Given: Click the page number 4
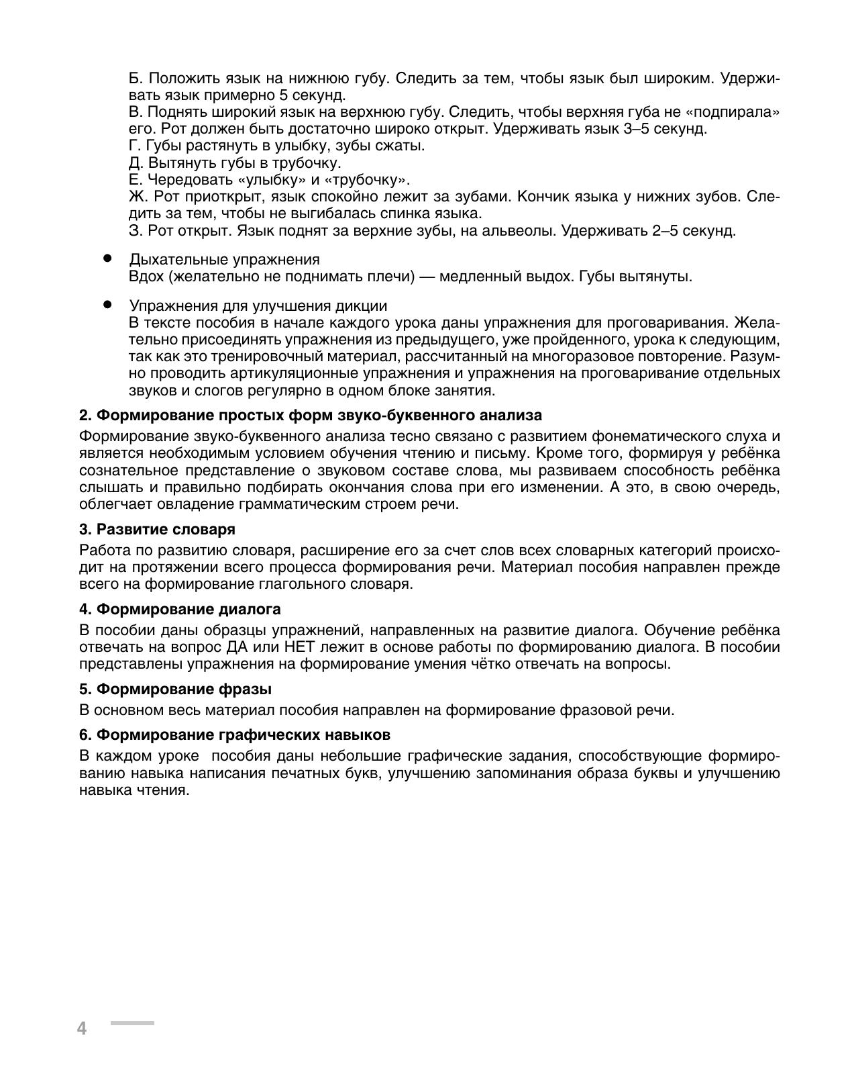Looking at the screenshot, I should pos(82,1028).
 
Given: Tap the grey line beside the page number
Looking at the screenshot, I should pos(132,1023).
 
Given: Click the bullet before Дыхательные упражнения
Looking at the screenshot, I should pos(107,258).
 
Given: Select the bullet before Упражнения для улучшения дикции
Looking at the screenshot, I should pos(107,304).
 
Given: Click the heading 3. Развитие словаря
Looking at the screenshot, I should pos(157,529).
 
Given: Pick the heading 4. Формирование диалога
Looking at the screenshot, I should pos(180,609).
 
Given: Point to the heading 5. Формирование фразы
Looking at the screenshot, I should pos(175,689).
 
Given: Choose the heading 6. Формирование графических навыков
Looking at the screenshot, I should pos(235,734).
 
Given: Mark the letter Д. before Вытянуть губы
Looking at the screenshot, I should pos(136,162).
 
